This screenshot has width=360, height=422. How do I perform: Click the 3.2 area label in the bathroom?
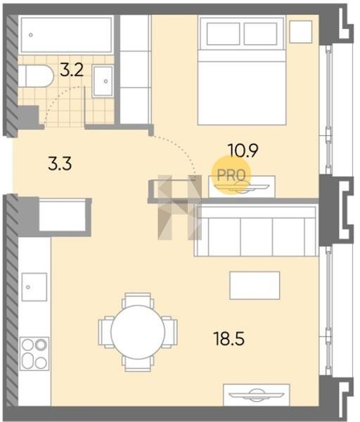point(72,70)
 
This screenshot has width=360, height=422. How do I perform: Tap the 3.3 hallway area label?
point(60,164)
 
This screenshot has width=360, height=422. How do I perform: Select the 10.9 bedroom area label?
point(243,151)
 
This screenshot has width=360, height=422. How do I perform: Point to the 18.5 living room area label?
point(229,338)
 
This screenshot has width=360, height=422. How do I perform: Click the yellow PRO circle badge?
point(231,175)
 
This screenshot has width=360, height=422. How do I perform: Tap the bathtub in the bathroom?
point(66,35)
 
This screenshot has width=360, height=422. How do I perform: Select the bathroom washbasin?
point(103,81)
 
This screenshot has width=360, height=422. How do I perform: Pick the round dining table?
point(138,332)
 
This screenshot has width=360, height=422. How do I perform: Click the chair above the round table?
point(138,300)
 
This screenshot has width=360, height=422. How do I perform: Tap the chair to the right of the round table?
point(170,332)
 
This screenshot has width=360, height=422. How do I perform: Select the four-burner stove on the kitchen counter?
point(34,353)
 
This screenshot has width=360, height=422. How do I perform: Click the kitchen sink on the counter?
point(34,287)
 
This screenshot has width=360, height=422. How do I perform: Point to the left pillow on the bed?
point(224,34)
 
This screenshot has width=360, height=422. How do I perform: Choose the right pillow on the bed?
point(260,34)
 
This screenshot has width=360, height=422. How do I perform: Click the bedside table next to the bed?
point(301,32)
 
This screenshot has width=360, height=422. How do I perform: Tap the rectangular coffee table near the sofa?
point(255,286)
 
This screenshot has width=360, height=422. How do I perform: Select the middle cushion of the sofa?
point(257,237)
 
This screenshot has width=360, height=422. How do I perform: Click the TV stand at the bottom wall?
point(257,395)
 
